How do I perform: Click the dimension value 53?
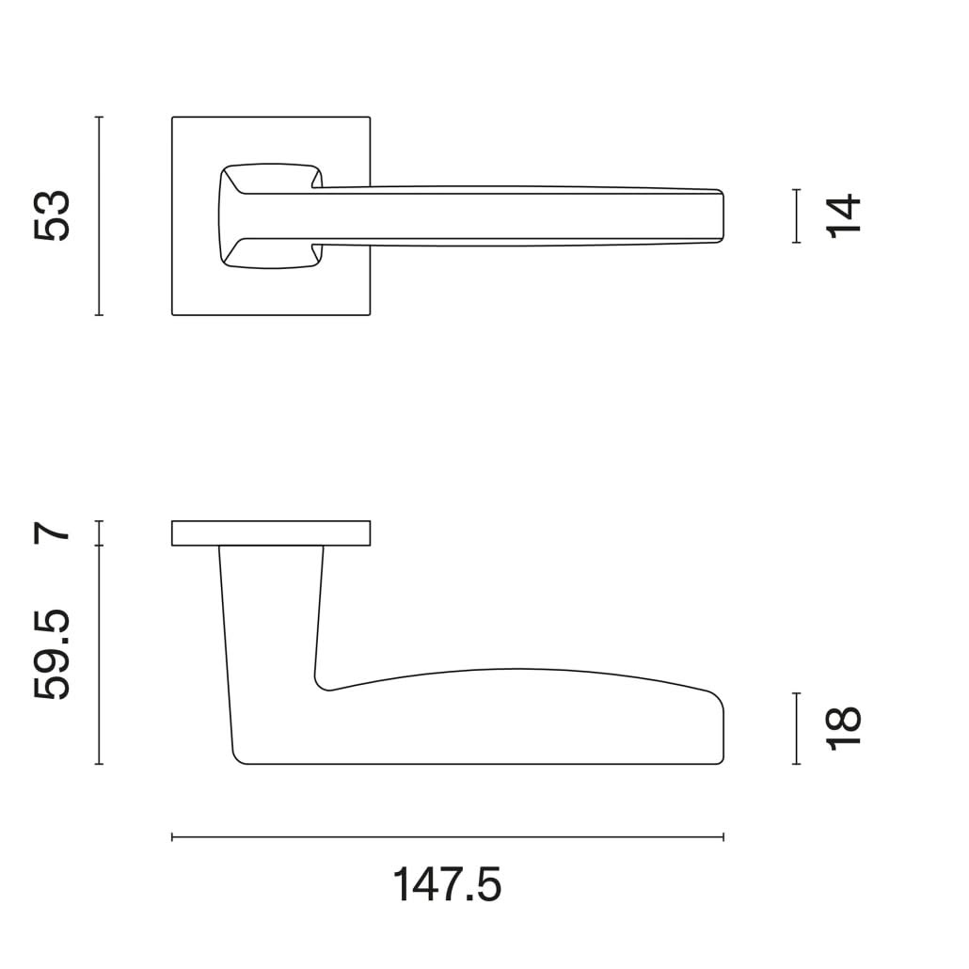(53, 215)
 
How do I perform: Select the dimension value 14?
(844, 215)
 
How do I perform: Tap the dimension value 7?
(53, 532)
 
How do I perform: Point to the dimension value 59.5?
(53, 655)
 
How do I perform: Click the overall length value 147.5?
(447, 885)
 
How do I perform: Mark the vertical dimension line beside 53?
(99, 215)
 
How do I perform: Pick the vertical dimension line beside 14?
(797, 215)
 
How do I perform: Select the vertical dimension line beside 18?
(797, 728)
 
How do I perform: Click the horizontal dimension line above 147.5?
(447, 836)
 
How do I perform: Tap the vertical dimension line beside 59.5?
(99, 655)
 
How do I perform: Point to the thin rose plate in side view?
(271, 532)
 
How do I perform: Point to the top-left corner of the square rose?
(173, 118)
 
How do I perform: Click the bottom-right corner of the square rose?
(369, 313)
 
